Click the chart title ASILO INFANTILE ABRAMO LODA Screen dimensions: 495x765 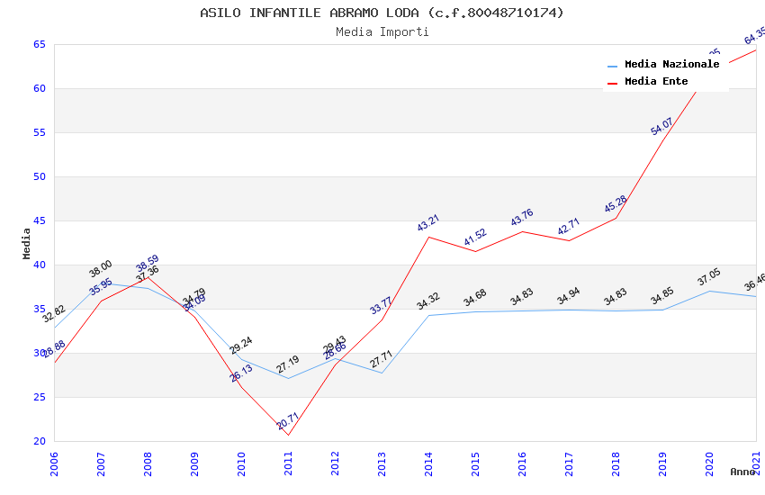pos(382,13)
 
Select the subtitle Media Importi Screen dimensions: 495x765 pos(382,31)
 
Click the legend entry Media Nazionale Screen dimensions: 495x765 pos(671,64)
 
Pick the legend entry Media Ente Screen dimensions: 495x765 pos(656,82)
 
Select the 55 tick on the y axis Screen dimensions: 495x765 pos(40,132)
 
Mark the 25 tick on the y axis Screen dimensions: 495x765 pos(40,397)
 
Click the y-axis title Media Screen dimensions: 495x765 pos(27,243)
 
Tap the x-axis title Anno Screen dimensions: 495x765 pos(742,472)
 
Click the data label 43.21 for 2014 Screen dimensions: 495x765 pos(427,223)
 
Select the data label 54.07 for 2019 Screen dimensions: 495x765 pos(661,126)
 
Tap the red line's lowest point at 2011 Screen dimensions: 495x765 pos(288,436)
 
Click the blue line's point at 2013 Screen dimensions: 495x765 pos(382,373)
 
